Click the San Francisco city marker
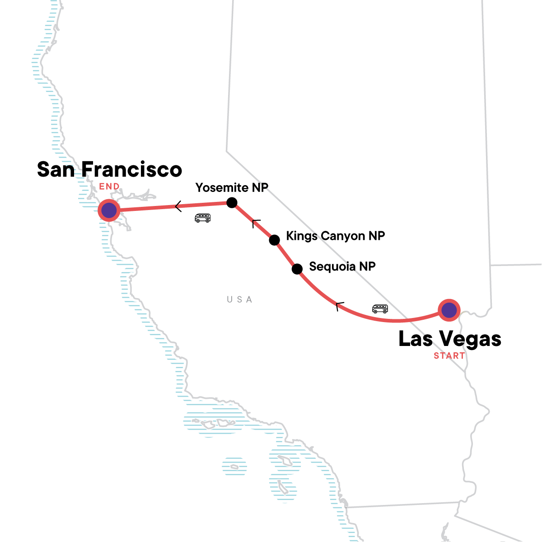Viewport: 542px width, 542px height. click(x=109, y=210)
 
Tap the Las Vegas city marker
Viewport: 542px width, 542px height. click(x=449, y=310)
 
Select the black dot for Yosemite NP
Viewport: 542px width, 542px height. click(x=232, y=202)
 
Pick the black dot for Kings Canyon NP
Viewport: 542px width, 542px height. click(x=274, y=240)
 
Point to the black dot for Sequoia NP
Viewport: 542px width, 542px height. click(x=297, y=269)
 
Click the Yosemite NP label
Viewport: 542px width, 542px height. click(x=232, y=187)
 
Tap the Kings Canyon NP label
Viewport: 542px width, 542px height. click(x=335, y=236)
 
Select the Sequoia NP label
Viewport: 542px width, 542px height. click(x=342, y=266)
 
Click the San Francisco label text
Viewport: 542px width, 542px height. click(x=109, y=169)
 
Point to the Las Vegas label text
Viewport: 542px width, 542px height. click(x=449, y=339)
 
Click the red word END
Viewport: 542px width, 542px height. click(x=109, y=186)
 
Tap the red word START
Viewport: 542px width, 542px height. click(x=449, y=356)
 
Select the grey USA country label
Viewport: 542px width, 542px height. click(x=239, y=299)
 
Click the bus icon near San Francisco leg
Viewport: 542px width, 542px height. click(x=202, y=218)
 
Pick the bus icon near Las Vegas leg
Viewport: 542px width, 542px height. click(x=380, y=309)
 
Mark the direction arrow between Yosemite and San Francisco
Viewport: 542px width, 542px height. click(x=178, y=206)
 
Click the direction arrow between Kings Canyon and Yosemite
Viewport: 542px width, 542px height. click(x=256, y=223)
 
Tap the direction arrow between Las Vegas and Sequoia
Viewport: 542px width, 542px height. click(x=340, y=306)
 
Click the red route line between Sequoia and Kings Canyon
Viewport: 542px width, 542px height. click(x=285, y=255)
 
